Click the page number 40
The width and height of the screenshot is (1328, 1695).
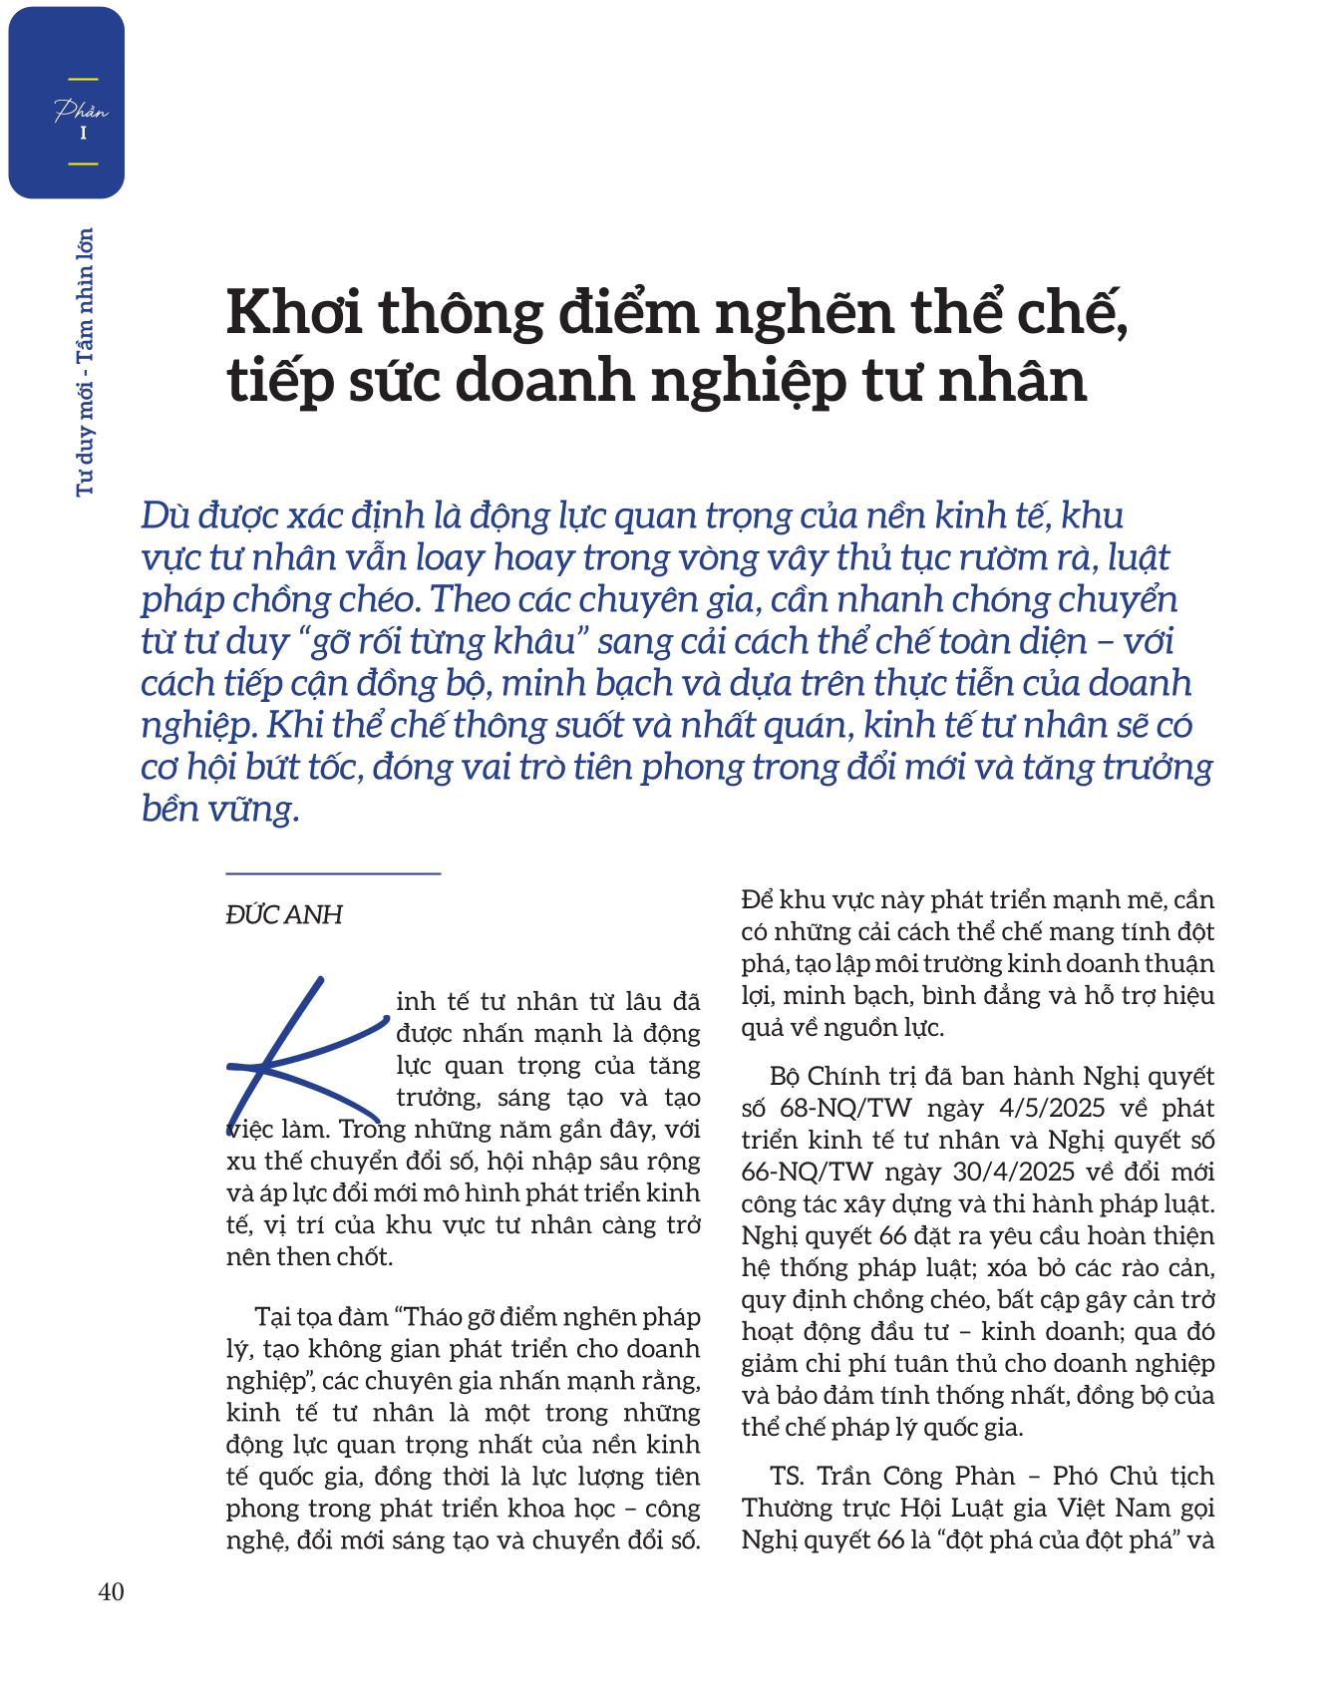[x=111, y=1592]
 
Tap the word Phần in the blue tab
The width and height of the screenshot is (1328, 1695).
[x=82, y=111]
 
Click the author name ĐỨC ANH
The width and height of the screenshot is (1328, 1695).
[x=284, y=914]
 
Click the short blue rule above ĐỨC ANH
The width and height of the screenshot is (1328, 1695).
[x=333, y=873]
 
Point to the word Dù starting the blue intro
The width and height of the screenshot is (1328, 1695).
[x=165, y=515]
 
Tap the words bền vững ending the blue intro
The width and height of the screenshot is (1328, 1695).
[x=219, y=809]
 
